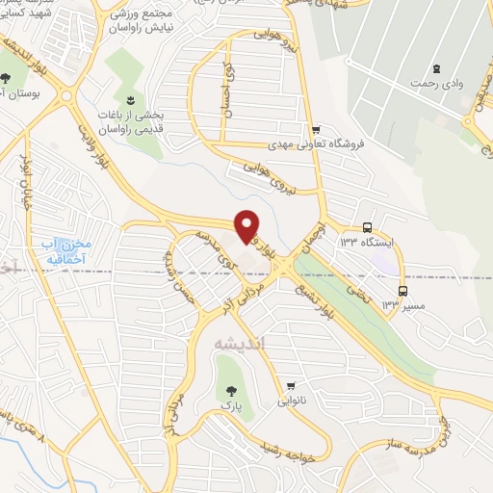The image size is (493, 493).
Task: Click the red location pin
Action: point(248,225)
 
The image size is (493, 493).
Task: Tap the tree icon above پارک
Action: point(230,391)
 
